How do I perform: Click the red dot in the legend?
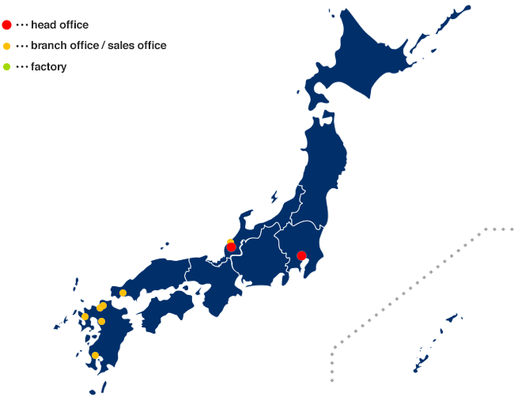7,25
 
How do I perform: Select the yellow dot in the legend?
7,46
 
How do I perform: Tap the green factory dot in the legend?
7,66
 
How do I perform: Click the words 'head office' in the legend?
59,25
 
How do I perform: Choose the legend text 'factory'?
48,66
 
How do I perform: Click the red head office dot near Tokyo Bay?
301,255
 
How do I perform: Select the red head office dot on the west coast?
231,247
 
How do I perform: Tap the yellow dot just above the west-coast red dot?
231,241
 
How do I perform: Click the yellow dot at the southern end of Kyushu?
96,355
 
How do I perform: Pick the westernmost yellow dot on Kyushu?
85,316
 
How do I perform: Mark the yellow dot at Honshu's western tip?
123,293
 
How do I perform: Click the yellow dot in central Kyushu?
102,321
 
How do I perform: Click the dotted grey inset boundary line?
411,285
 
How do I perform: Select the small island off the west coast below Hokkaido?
274,196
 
